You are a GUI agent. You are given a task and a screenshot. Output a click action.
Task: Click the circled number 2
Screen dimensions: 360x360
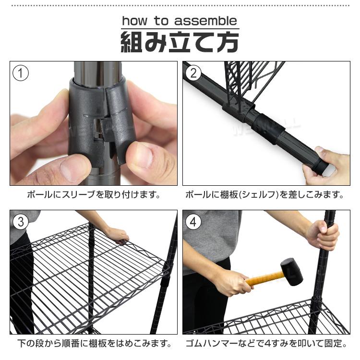(193, 73)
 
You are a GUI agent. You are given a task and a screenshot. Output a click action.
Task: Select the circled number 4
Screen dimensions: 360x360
(193, 222)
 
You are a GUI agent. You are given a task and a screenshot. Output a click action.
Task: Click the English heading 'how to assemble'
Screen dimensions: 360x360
(180, 21)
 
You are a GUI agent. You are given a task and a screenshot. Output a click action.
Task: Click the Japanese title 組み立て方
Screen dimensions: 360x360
(180, 42)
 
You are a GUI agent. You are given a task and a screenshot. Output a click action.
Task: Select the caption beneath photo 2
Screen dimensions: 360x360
(265, 195)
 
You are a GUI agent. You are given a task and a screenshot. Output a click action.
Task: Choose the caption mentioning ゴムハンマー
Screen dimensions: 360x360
(265, 344)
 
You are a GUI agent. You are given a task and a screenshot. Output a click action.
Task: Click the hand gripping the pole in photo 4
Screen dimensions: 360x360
(323, 235)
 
